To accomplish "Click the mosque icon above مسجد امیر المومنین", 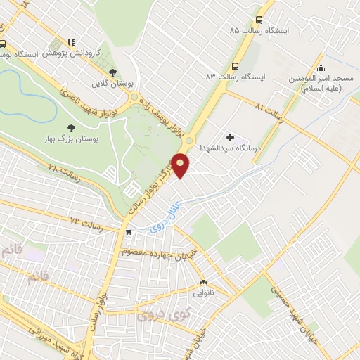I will click(321, 68).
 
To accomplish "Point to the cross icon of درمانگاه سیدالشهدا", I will click(230, 136).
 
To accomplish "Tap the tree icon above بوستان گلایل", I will click(112, 72).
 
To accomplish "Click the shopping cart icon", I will click(127, 231).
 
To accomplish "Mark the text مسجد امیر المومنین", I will click(321, 85).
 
